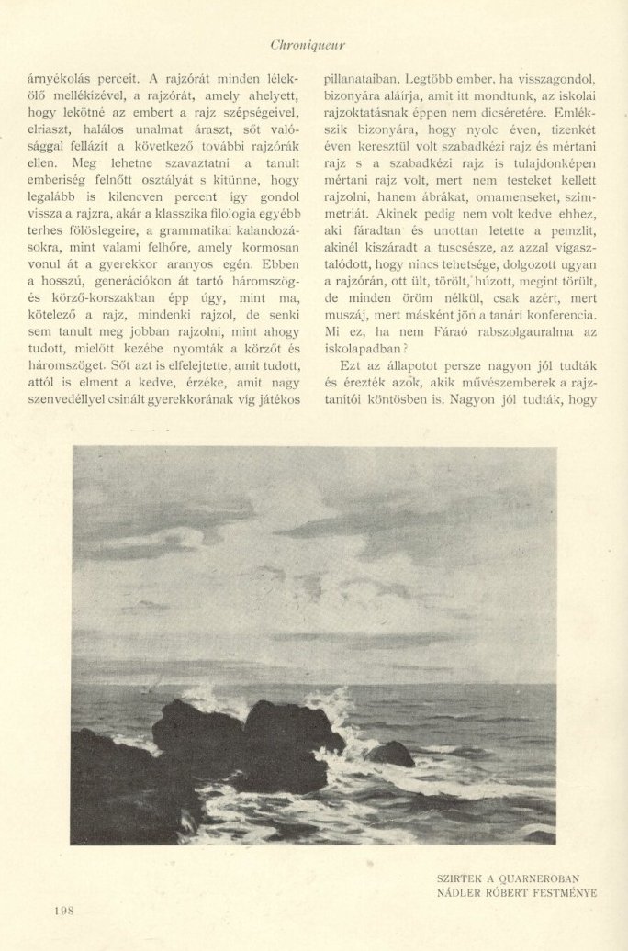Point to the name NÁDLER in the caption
click(462, 891)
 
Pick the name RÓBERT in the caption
click(506, 891)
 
